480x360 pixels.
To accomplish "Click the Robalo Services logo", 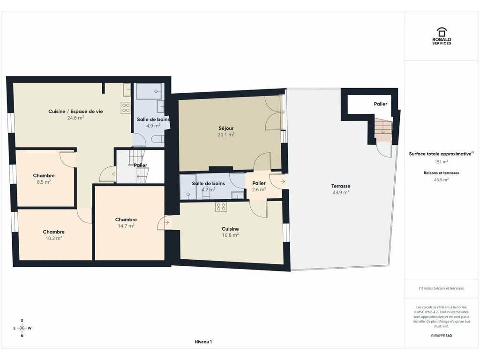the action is pos(442,36).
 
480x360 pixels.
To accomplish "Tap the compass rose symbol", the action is pos(22,328).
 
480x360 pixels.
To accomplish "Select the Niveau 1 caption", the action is pos(203,342).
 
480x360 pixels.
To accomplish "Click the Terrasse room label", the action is pos(341,186).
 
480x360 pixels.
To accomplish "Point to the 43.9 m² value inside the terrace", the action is pos(341,193).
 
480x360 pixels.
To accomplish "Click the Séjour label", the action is pos(226,128).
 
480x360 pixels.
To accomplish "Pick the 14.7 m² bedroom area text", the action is pos(126,226).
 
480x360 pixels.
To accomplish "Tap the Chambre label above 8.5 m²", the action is pos(44,176).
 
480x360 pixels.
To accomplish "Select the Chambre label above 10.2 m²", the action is pos(53,232).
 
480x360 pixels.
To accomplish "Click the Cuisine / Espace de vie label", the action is pos(75,112).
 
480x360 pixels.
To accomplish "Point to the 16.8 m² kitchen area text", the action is pos(230,235).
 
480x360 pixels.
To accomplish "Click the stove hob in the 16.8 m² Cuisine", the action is pos(221,207).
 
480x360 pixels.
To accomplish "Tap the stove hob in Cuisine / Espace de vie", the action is pos(126,108).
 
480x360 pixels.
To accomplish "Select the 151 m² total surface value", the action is pos(441,162).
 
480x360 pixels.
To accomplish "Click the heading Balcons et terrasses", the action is pos(441,173).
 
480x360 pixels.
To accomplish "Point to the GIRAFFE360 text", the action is pos(441,336).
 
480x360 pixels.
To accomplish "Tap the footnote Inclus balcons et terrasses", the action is pos(441,288).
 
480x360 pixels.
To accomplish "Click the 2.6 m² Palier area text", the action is pos(259,190).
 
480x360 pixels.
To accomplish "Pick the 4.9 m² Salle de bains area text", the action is pos(153,126).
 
